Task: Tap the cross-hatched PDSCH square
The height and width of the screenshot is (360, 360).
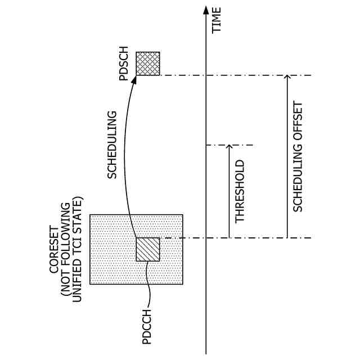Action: [148, 64]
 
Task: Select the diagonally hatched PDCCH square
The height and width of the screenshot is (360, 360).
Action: [148, 249]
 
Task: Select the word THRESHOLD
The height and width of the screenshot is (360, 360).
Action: [240, 192]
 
